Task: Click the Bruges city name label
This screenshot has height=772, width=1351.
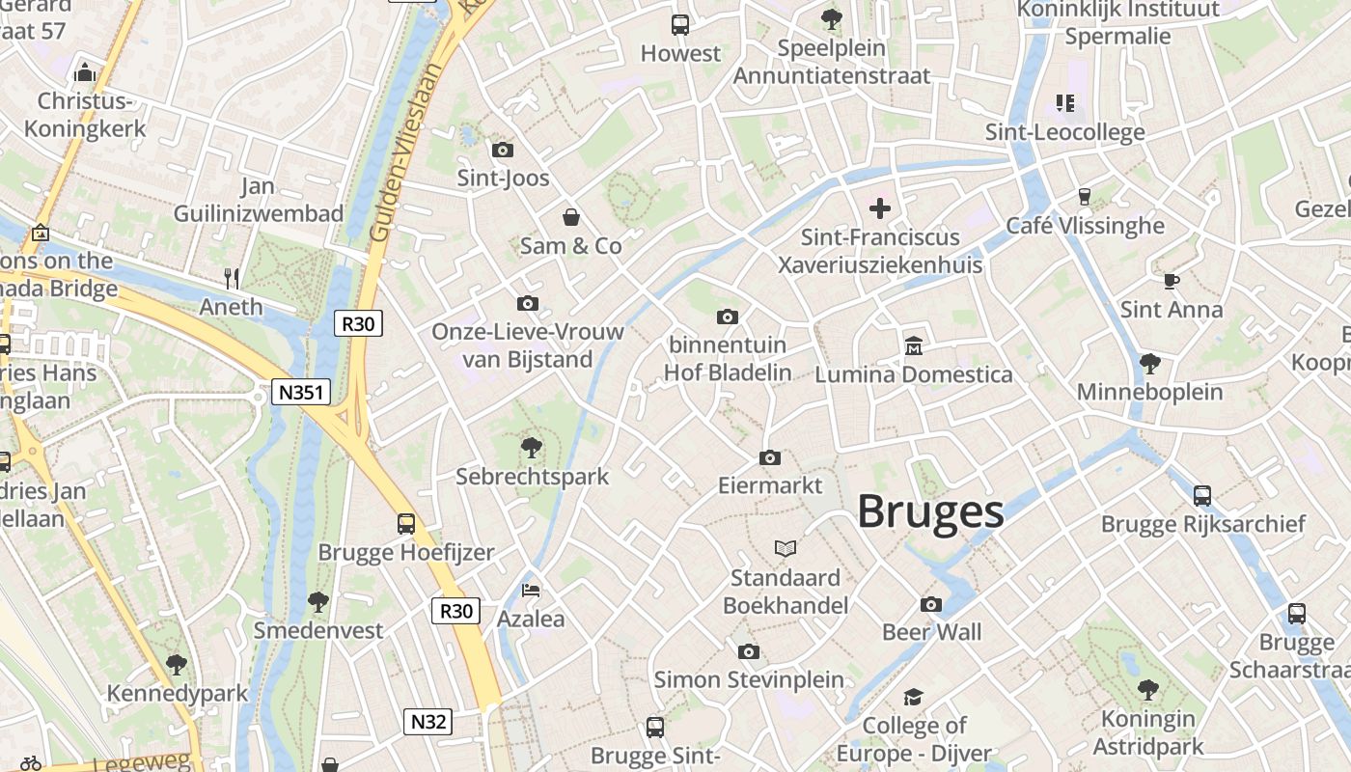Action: point(930,511)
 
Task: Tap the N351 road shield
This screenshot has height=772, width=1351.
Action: point(301,392)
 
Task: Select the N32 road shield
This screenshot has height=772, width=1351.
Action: point(427,722)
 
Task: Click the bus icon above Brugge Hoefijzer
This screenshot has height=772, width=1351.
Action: point(406,524)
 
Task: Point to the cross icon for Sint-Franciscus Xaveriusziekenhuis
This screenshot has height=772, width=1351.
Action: point(879,207)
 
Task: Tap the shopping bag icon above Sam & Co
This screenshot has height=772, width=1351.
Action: point(571,217)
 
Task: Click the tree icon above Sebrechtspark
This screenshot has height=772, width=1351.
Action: point(531,447)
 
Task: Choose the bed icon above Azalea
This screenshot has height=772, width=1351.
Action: point(531,590)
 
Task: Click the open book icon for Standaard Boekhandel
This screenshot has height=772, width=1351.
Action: point(786,548)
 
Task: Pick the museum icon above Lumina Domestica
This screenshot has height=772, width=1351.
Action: point(913,345)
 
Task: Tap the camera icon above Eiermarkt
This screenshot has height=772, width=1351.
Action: point(769,457)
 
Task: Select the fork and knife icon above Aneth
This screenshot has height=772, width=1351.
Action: point(232,279)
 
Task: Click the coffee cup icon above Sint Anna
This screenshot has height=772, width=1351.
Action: point(1171,281)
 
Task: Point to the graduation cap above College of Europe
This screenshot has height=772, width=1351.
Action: point(913,697)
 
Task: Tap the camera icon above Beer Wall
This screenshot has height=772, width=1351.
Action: point(931,604)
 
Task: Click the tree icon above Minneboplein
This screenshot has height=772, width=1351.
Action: point(1149,364)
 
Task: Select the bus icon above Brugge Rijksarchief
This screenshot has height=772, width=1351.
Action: point(1202,496)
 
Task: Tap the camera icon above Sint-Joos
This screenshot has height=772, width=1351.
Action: point(503,150)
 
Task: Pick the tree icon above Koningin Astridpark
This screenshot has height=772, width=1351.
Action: point(1148,689)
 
